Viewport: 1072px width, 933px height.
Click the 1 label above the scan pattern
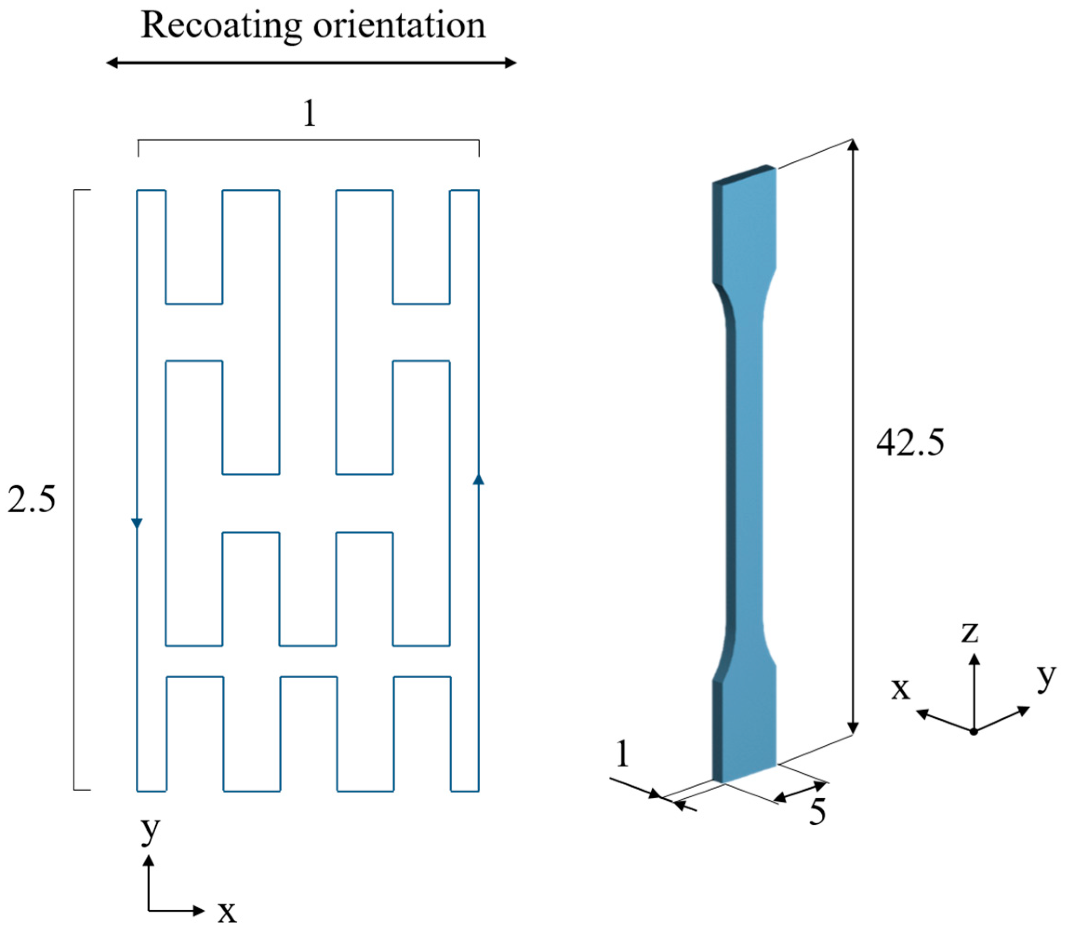point(309,113)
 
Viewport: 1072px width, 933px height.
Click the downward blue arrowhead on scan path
point(137,523)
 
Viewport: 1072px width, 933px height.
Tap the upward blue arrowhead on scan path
point(478,479)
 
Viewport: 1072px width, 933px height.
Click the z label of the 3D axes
point(970,632)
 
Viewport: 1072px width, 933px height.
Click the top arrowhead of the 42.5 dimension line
point(853,144)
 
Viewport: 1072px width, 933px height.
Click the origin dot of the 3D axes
point(973,732)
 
